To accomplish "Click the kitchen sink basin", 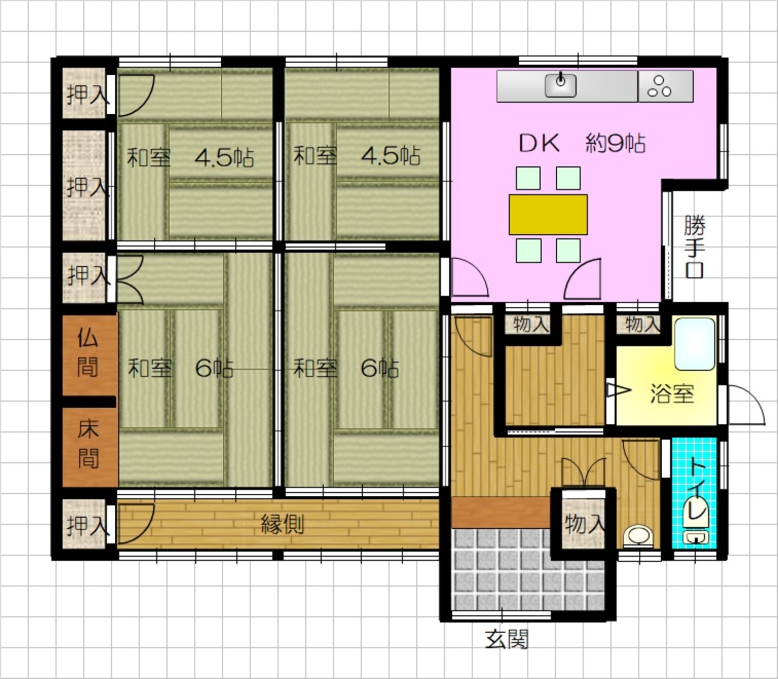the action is [x=561, y=85].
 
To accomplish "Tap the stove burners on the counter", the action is [x=659, y=86].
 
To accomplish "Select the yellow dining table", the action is [x=548, y=214].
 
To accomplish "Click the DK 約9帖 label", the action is [x=582, y=143].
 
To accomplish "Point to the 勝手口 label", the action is [x=694, y=246].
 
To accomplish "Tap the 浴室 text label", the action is [x=672, y=393].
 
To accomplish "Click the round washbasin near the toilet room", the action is [x=638, y=537].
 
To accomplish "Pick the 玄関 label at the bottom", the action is [x=507, y=639].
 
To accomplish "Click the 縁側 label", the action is [x=283, y=524].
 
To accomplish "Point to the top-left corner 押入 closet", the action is [x=85, y=93].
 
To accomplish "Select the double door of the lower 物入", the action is [x=584, y=472].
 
